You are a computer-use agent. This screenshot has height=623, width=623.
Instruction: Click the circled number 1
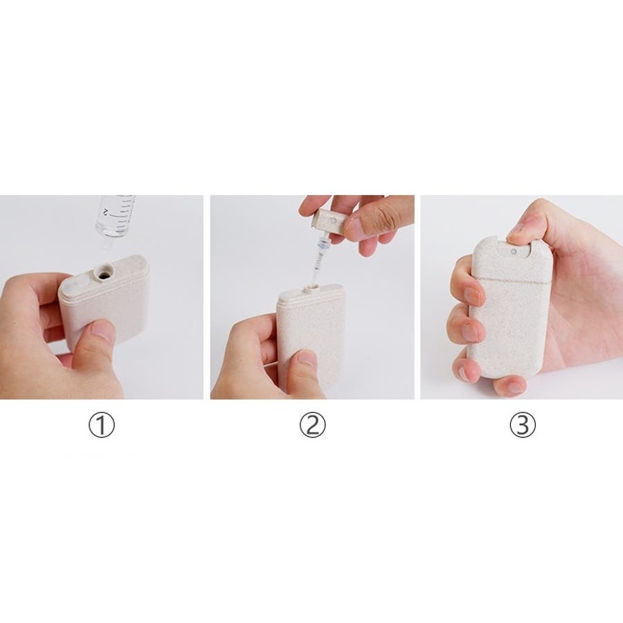[101, 424]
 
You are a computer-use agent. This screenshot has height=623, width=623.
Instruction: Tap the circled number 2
[312, 424]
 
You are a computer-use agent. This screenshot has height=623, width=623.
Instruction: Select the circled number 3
[523, 424]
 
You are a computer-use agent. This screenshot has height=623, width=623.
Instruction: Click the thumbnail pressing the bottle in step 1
[102, 329]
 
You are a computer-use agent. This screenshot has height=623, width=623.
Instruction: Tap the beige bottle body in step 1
[105, 302]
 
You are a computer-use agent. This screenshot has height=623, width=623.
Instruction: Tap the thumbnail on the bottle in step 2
[306, 358]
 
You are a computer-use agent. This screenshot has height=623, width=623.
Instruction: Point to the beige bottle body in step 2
[311, 338]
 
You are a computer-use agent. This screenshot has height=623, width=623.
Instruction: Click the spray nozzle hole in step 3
[514, 251]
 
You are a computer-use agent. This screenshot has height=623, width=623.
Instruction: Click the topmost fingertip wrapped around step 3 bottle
[473, 295]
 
